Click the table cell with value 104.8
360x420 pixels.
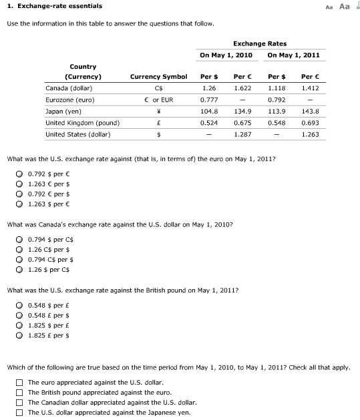click(209, 111)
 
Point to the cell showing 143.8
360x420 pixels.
click(311, 111)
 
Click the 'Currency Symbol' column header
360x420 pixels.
click(158, 77)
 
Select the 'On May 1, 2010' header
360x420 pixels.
click(226, 55)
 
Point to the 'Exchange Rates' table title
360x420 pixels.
click(260, 43)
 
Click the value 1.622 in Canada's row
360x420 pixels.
click(242, 88)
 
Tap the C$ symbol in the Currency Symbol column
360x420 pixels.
click(158, 88)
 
